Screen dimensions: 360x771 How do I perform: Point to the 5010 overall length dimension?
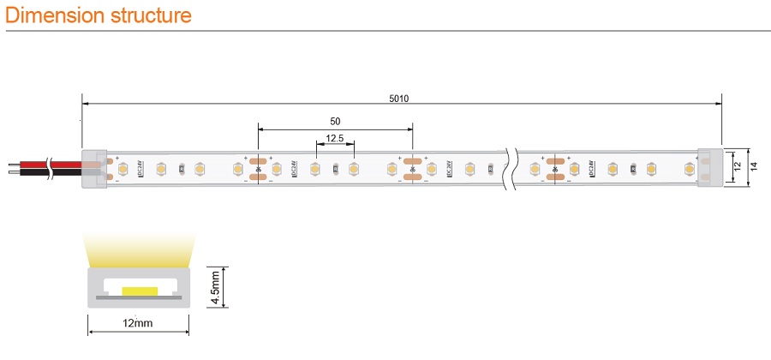399,98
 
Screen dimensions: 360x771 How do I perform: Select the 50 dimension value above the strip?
335,122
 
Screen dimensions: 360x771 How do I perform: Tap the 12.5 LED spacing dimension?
334,138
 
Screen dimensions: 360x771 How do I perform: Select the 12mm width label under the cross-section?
137,323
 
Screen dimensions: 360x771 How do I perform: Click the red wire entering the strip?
34,162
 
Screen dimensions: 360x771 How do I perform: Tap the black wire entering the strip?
34,172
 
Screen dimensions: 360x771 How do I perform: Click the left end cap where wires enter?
94,169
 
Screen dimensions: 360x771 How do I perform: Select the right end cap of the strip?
710,169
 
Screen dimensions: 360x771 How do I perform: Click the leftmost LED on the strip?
123,169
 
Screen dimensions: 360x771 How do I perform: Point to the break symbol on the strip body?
511,169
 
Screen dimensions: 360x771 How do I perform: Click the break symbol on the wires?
53,167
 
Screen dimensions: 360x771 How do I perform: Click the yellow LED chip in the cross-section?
137,292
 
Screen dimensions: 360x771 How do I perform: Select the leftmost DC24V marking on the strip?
139,169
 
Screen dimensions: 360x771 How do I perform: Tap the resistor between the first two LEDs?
180,169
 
